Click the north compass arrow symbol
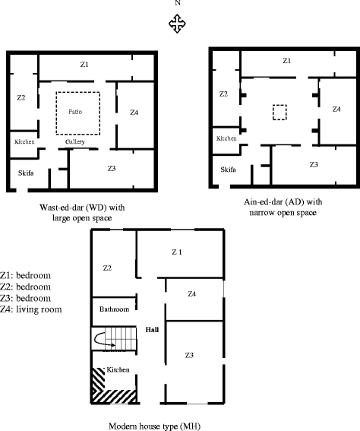177,24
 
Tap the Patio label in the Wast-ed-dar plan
75,112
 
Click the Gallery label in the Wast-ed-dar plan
75,142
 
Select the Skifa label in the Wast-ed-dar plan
26,173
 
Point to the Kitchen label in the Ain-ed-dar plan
226,138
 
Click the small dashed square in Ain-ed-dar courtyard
279,113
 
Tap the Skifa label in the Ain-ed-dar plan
228,170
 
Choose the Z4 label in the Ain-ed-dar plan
336,109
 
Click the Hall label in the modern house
152,330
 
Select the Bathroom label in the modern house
114,309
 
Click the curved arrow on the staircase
103,340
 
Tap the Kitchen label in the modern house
118,369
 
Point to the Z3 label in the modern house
189,356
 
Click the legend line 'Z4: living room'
30,309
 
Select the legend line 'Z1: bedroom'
26,275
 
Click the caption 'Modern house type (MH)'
155,426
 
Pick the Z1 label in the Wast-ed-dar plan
84,65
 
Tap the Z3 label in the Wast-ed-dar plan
112,168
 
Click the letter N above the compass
178,3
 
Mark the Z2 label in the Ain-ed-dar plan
223,94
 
